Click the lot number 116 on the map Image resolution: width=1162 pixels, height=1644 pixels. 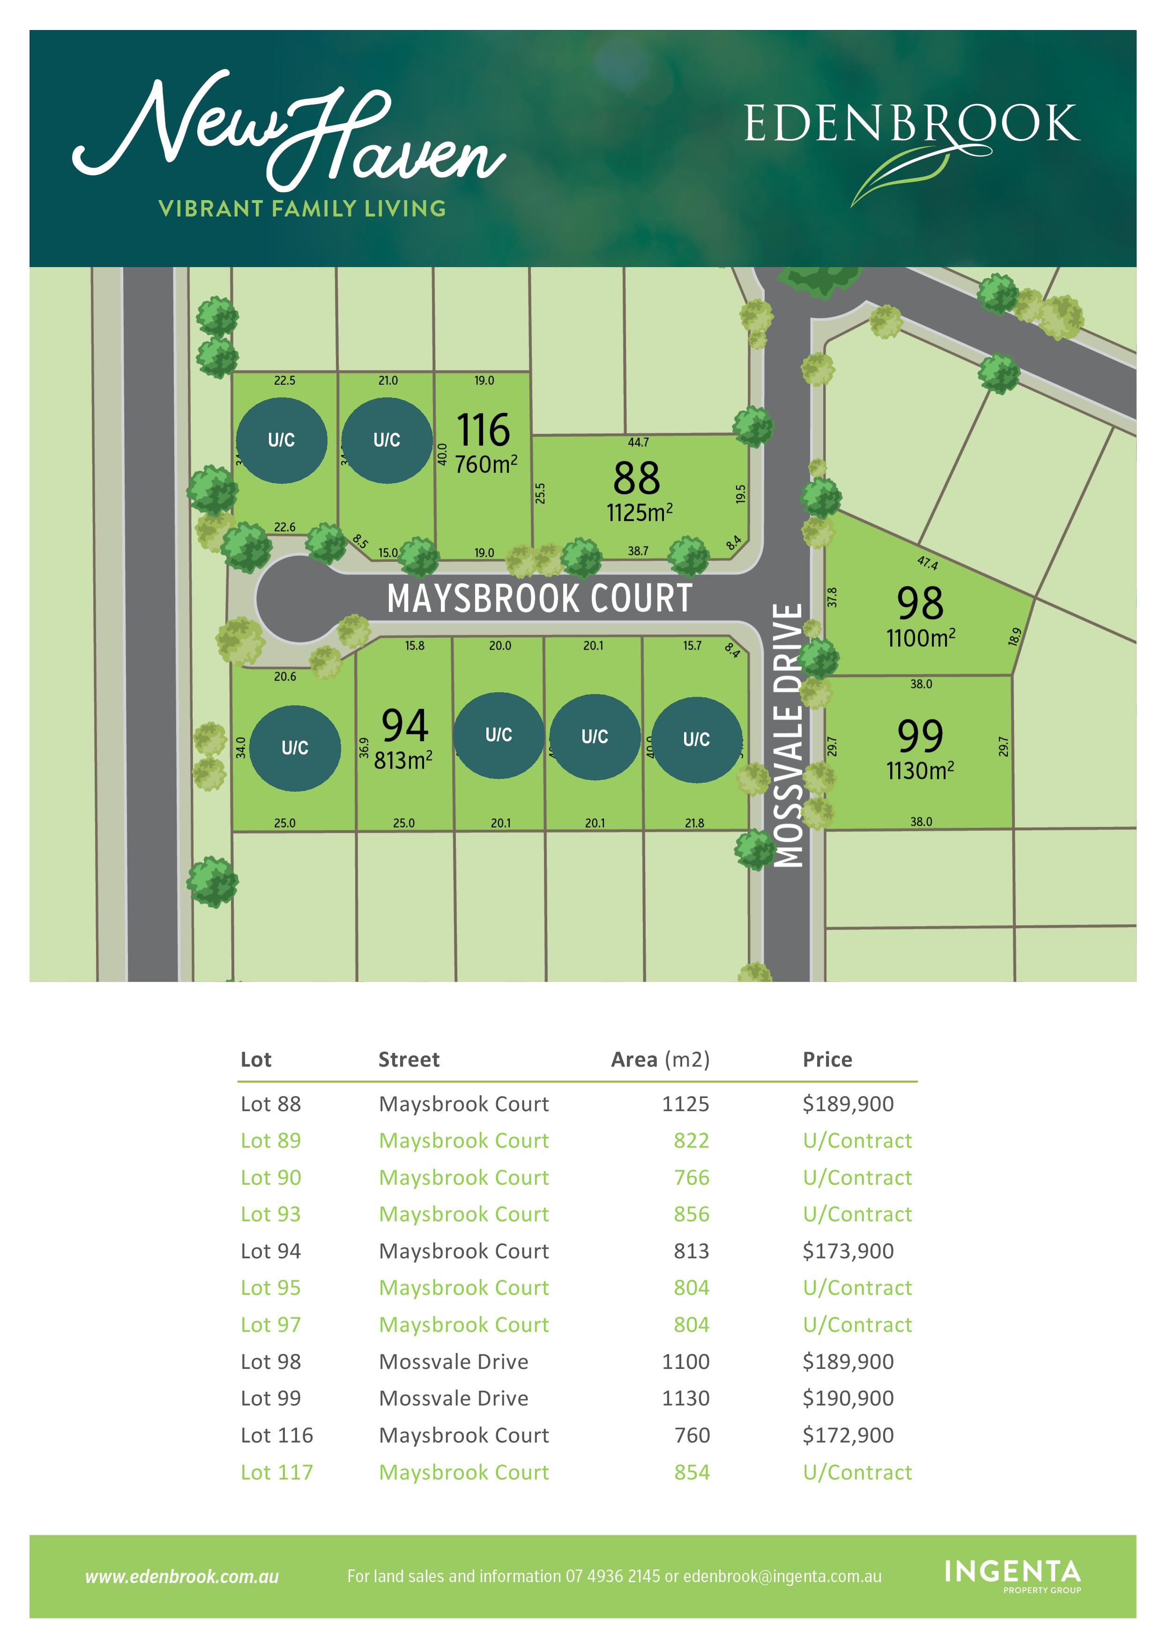483,430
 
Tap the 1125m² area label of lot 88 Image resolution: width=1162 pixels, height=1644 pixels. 639,513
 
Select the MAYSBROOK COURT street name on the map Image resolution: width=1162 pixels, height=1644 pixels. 539,598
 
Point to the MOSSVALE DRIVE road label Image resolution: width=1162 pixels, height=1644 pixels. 789,735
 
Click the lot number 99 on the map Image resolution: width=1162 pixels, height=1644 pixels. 920,736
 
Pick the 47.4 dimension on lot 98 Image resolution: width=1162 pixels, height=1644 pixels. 927,563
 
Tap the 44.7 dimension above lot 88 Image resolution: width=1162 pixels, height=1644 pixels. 638,442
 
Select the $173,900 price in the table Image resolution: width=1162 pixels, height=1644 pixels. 848,1251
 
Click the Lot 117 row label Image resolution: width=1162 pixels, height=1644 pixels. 276,1472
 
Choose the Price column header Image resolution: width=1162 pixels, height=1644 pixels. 827,1060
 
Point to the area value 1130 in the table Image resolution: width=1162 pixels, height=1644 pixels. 685,1398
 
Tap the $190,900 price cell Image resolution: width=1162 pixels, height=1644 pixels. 848,1398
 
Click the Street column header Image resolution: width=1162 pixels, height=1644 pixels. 409,1060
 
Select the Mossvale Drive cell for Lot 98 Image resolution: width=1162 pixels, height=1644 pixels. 453,1362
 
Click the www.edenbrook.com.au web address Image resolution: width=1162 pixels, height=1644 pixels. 182,1577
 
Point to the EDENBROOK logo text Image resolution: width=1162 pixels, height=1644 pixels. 911,124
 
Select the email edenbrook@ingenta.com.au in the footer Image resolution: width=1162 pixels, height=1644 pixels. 782,1577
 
